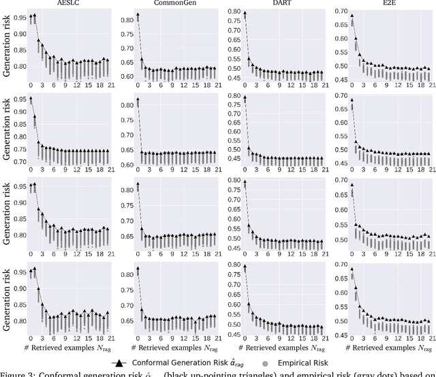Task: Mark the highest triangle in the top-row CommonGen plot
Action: click(138, 14)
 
